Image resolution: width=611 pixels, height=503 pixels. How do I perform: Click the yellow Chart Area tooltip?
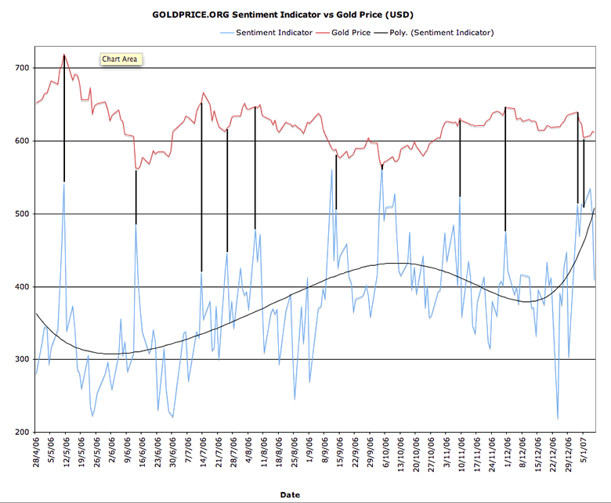pyautogui.click(x=120, y=59)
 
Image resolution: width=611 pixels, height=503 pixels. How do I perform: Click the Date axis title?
pyautogui.click(x=290, y=494)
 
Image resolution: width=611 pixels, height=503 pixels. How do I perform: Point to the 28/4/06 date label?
pyautogui.click(x=37, y=457)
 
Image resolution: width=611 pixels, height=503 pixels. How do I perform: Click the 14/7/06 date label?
pyautogui.click(x=202, y=457)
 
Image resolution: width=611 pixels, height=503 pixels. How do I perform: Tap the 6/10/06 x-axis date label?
pyautogui.click(x=384, y=457)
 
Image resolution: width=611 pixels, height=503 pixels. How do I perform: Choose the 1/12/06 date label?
pyautogui.click(x=505, y=457)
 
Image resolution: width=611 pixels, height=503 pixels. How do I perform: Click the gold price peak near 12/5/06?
pyautogui.click(x=64, y=54)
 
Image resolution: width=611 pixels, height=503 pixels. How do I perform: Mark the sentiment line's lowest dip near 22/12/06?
pyautogui.click(x=558, y=419)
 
